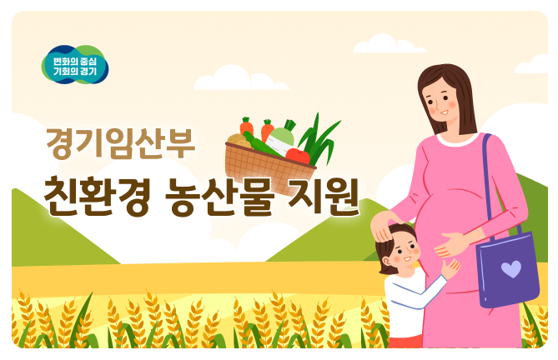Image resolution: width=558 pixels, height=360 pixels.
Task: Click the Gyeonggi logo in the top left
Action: [x=75, y=66]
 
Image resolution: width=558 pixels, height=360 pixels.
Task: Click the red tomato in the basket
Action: [x=298, y=155]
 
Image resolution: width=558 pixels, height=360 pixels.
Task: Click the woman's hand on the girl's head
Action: [x=386, y=225]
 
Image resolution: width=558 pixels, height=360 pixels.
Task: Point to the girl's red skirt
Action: [x=406, y=340]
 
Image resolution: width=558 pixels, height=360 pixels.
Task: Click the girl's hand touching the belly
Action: [x=450, y=268]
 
